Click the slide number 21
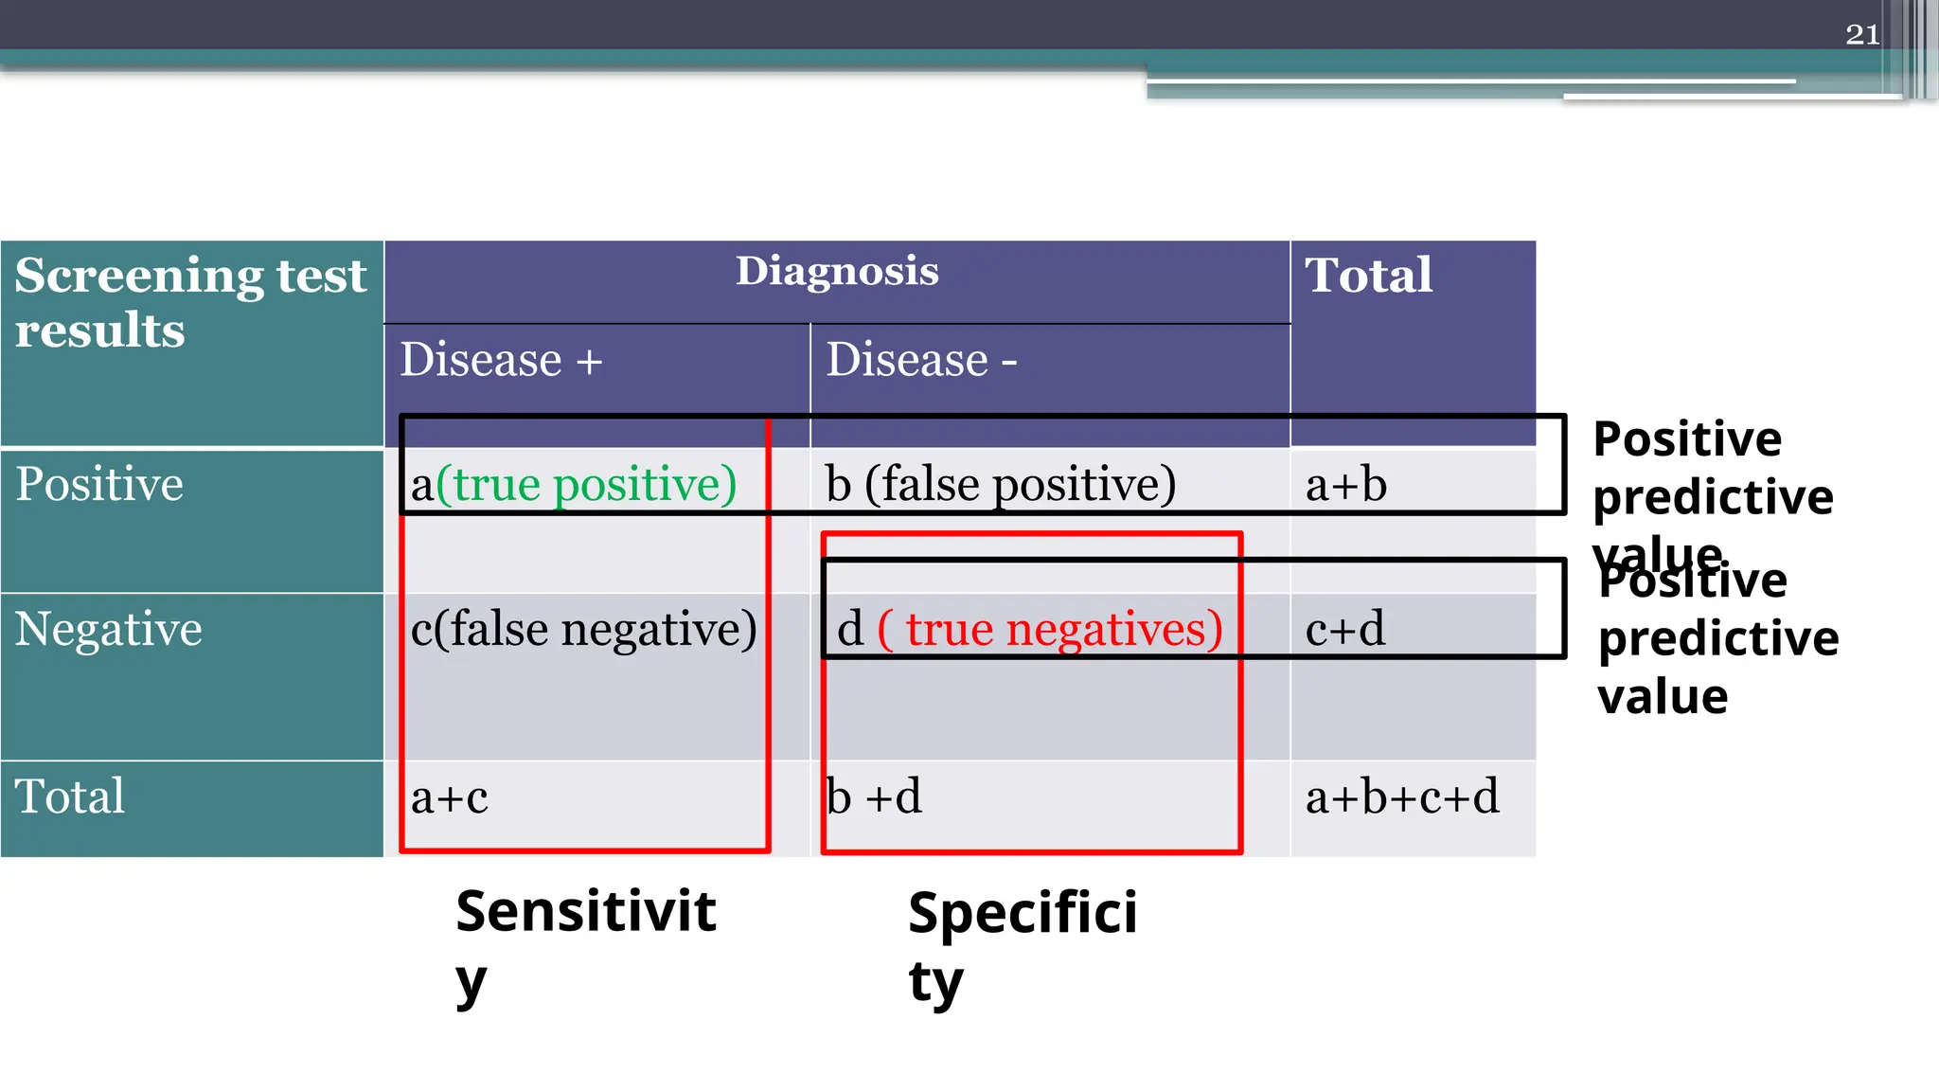pos(1861,35)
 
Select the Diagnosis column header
pos(837,272)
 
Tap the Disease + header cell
pos(501,360)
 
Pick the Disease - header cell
pos(921,360)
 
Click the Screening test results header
pos(190,302)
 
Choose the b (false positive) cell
pos(1000,484)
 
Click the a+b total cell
pos(1345,485)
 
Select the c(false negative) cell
pos(583,629)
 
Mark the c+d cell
pos(1344,629)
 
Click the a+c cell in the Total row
pos(449,797)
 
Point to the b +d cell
pos(874,796)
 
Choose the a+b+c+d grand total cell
pos(1401,796)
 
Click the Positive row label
pos(99,484)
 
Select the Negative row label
pos(108,629)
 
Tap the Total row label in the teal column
pos(69,796)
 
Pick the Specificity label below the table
pos(1022,944)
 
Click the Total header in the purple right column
pos(1368,276)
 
